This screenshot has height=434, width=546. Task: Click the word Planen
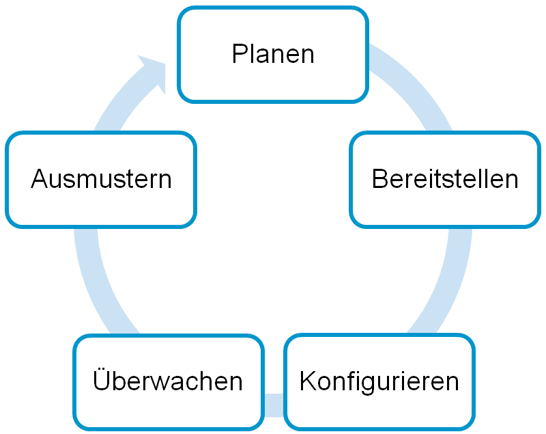[273, 54]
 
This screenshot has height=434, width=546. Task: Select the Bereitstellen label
[445, 179]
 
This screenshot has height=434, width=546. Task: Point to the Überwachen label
[167, 379]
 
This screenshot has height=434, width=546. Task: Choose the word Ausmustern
[101, 179]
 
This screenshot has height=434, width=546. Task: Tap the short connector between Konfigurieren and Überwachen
[274, 405]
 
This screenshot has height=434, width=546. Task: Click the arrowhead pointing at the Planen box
[155, 72]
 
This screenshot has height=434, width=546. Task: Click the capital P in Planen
[240, 54]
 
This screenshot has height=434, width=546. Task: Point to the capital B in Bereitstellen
[379, 179]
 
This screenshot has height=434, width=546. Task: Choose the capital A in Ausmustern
[40, 179]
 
